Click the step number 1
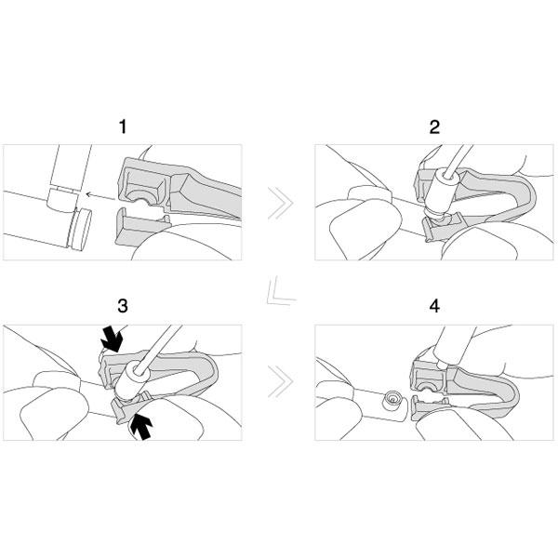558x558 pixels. pyautogui.click(x=123, y=126)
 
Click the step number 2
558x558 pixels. pyautogui.click(x=434, y=127)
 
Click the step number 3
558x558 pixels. pyautogui.click(x=123, y=306)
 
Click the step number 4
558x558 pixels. pyautogui.click(x=434, y=306)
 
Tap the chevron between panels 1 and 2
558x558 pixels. pyautogui.click(x=281, y=203)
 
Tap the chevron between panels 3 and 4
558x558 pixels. pyautogui.click(x=281, y=381)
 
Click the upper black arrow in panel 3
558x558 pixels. pyautogui.click(x=112, y=339)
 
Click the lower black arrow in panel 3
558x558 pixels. pyautogui.click(x=141, y=427)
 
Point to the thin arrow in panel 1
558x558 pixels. pyautogui.click(x=100, y=195)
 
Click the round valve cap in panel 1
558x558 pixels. pyautogui.click(x=80, y=230)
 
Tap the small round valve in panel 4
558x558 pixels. pyautogui.click(x=392, y=401)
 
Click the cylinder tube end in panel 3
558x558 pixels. pyautogui.click(x=132, y=381)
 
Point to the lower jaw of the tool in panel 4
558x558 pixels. pyautogui.click(x=429, y=408)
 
